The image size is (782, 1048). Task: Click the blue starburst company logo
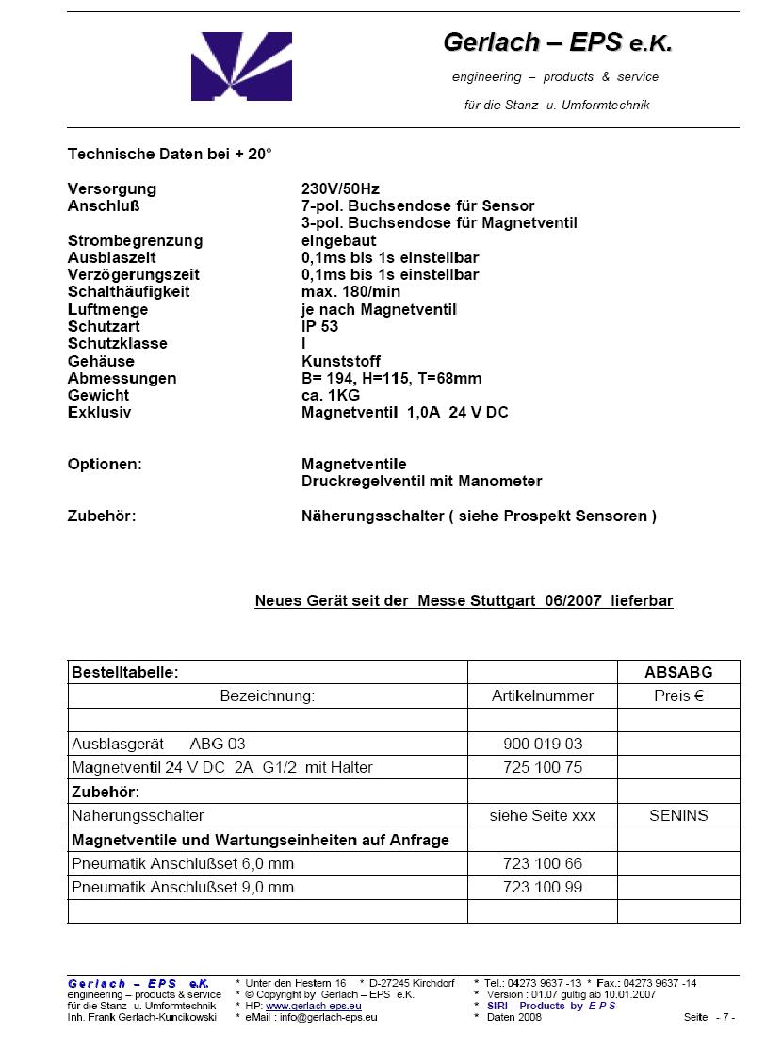241,66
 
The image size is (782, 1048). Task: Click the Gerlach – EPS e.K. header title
558,42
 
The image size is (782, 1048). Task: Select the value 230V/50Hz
340,188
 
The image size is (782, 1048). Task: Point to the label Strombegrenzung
135,240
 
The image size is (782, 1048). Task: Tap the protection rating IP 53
319,326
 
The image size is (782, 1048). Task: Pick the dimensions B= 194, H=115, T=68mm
391,378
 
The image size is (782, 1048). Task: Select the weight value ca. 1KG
331,395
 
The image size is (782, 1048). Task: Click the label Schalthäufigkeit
128,291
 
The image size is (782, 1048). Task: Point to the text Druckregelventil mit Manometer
421,481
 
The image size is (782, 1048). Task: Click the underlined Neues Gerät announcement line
464,600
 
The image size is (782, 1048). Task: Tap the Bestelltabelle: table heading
125,672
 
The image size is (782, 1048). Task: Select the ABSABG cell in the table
678,672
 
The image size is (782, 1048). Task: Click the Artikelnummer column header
543,696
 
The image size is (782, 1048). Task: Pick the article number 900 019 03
543,744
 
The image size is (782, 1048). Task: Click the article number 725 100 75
543,767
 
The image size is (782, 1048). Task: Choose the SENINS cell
678,815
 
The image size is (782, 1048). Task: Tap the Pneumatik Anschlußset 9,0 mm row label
183,887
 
